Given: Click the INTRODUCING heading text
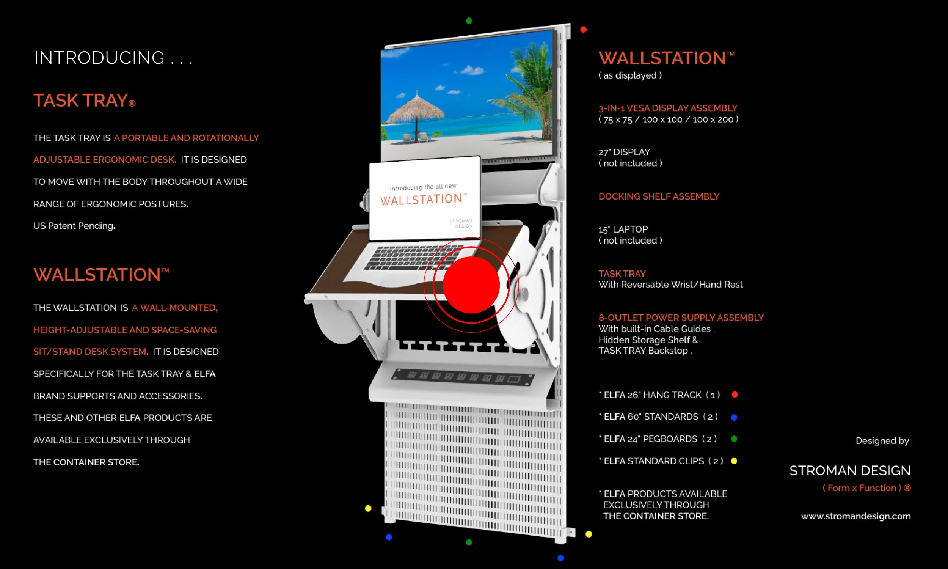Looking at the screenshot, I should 100,58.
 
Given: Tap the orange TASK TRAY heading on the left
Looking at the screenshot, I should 80,101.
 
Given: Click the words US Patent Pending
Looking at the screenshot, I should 74,226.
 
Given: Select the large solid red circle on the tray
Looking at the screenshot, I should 471,285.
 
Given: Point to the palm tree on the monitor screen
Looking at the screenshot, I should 531,84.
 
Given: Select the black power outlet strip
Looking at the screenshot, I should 462,377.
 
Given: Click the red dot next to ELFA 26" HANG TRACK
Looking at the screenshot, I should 735,395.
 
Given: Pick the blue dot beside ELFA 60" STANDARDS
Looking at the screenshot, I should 734,417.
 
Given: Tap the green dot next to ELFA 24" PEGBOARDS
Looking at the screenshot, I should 734,439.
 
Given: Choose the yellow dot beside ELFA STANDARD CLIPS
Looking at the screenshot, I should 734,461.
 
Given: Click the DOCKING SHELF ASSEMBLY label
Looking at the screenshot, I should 659,197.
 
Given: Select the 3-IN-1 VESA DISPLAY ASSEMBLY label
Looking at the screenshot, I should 667,108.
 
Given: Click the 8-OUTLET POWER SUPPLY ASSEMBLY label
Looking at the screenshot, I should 681,318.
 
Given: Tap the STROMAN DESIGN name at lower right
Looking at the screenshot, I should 849,470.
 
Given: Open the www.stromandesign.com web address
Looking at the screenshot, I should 855,516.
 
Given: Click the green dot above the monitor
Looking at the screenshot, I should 469,21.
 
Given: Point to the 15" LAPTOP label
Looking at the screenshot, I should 623,229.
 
